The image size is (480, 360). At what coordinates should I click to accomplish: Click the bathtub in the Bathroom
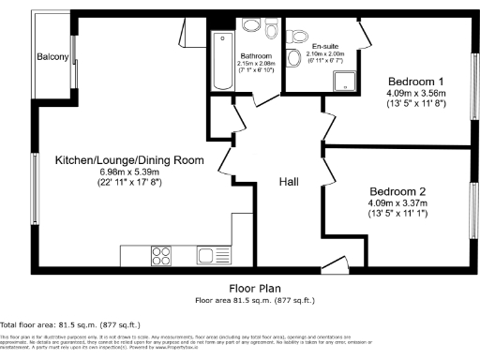[222, 61]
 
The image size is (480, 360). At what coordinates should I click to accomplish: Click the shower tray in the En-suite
[347, 82]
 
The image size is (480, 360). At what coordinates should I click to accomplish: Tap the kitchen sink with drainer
[206, 254]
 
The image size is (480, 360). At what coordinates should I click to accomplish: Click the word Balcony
[52, 58]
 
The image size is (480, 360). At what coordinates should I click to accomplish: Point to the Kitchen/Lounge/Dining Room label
[129, 160]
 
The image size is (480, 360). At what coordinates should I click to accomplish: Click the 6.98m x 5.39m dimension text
[129, 173]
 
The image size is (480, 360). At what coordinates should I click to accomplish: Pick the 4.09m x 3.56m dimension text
[412, 94]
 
